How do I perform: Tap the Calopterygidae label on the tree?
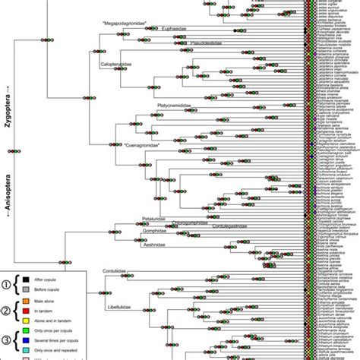pos(116,65)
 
